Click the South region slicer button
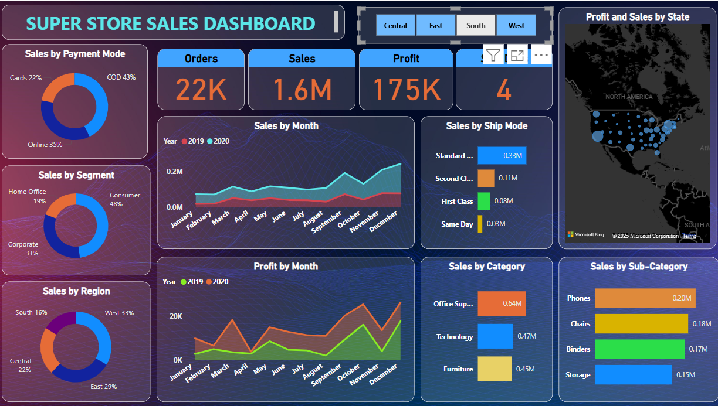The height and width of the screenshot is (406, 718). tap(476, 26)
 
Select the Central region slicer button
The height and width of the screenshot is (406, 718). tap(395, 26)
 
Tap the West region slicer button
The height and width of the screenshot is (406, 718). tap(516, 26)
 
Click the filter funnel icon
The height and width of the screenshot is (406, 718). tap(493, 56)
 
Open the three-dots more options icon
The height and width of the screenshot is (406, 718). tap(541, 56)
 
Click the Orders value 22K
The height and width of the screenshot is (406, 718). tap(201, 90)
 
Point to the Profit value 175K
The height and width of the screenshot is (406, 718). tap(407, 90)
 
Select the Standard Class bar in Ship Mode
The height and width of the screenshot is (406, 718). tap(502, 156)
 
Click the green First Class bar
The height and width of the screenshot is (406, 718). tap(483, 201)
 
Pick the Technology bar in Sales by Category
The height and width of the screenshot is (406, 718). tap(495, 336)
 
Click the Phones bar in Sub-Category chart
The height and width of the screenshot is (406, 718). tap(645, 298)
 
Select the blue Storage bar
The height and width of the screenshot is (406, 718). tap(633, 375)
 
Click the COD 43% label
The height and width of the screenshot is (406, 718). tap(121, 77)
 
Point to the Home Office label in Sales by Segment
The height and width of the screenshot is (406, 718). tap(27, 192)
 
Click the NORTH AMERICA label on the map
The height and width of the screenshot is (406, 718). tap(629, 97)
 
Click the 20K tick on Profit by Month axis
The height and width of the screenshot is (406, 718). tap(176, 316)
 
